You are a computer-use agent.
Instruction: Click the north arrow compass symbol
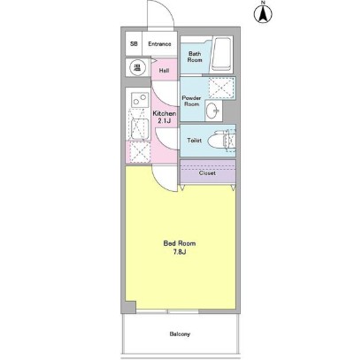[x=263, y=13]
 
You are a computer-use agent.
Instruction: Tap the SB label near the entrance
[x=134, y=44]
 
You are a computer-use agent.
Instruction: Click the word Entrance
[x=159, y=44]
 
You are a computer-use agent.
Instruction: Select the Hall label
[x=164, y=71]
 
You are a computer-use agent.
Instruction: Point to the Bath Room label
[x=195, y=57]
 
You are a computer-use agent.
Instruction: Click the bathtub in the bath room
[x=221, y=54]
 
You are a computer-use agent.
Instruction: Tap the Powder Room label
[x=191, y=101]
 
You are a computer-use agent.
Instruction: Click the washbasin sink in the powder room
[x=213, y=111]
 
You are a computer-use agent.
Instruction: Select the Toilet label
[x=195, y=141]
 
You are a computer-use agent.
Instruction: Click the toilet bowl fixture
[x=221, y=141]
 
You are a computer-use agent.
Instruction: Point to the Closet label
[x=207, y=173]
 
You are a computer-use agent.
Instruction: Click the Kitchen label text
[x=165, y=113]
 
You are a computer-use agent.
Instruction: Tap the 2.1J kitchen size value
[x=163, y=120]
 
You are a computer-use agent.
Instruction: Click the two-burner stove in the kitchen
[x=140, y=99]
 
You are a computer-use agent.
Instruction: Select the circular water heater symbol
[x=137, y=67]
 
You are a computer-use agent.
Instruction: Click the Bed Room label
[x=180, y=243]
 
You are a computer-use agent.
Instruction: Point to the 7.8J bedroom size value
[x=179, y=252]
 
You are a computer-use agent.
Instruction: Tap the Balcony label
[x=180, y=334]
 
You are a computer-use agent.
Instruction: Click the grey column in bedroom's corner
[x=129, y=307]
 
